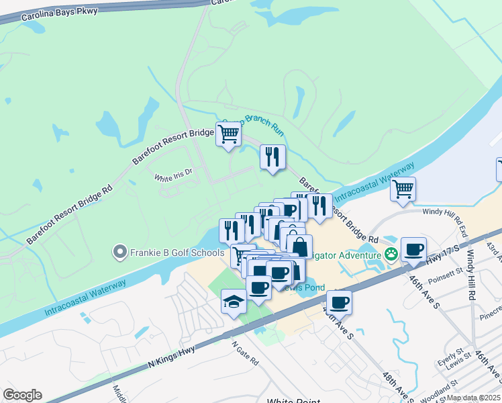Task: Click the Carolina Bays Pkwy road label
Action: (59, 14)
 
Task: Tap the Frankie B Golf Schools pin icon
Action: (120, 252)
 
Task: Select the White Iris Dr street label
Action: (173, 178)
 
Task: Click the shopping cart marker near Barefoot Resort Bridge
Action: (228, 134)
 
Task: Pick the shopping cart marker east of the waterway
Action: (403, 189)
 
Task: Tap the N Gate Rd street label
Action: (245, 352)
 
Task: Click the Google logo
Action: (22, 395)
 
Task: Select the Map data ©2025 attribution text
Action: (474, 398)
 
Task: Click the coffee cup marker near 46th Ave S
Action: (413, 250)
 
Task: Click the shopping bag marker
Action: (299, 246)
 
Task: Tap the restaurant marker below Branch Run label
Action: (272, 157)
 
